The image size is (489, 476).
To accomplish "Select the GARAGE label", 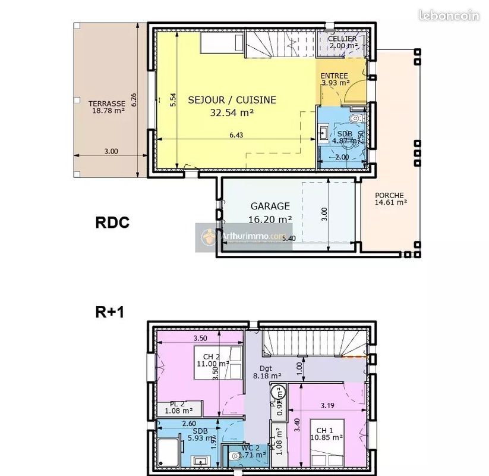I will pyautogui.click(x=270, y=206).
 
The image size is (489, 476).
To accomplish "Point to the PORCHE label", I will pyautogui.click(x=390, y=195).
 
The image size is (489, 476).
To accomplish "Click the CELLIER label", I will pyautogui.click(x=342, y=39).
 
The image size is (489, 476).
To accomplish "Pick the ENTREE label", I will pyautogui.click(x=334, y=76).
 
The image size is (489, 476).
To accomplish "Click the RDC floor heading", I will pyautogui.click(x=112, y=223).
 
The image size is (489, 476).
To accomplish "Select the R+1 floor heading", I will pyautogui.click(x=109, y=311).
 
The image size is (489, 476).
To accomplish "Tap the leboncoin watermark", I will pyautogui.click(x=449, y=15).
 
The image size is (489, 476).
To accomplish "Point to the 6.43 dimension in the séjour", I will pyautogui.click(x=236, y=135).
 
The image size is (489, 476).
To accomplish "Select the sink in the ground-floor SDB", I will pyautogui.click(x=324, y=131).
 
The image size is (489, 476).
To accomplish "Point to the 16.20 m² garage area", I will pyautogui.click(x=270, y=219).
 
